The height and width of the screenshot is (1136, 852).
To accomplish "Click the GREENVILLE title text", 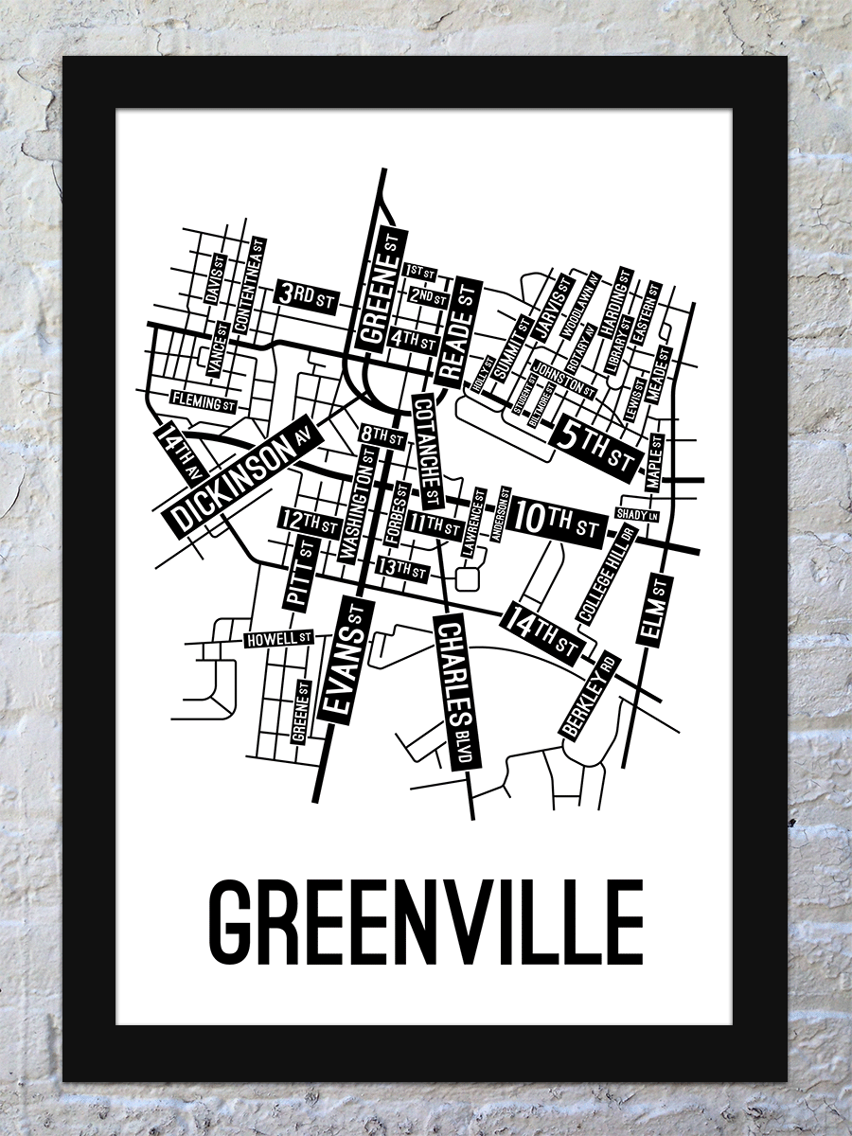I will tap(425, 920).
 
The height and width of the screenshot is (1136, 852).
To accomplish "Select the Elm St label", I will tap(654, 611).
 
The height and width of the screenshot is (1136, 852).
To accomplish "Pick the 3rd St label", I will tap(307, 296).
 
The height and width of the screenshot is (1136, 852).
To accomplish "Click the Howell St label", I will tap(278, 640).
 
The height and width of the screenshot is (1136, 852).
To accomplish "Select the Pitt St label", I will tap(300, 571).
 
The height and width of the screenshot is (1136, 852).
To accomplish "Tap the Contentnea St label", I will tap(248, 283).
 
